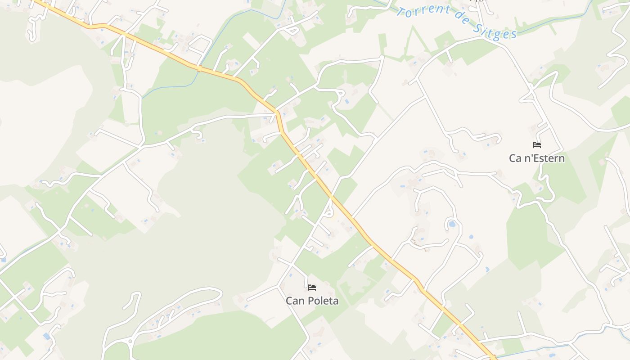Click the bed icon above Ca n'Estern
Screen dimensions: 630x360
536,145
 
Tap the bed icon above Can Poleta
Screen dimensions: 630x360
312,287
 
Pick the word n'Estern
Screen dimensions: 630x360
543,158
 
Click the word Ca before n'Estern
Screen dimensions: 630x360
515,158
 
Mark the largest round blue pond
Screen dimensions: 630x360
452,224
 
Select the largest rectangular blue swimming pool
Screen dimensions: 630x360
46,336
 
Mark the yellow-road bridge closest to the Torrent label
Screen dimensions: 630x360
198,69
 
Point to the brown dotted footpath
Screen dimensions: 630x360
418,245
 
